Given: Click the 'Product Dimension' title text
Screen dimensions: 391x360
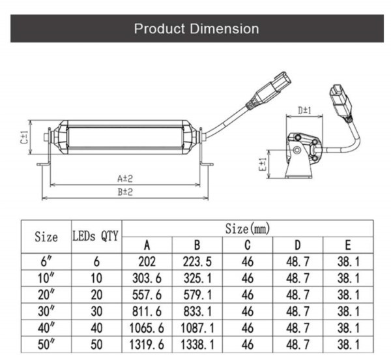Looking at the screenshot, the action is [197, 29].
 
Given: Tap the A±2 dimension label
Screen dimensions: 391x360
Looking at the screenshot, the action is [125, 179].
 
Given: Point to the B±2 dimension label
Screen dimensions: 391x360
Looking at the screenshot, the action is [125, 192].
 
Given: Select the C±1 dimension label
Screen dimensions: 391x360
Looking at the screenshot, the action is [25, 138].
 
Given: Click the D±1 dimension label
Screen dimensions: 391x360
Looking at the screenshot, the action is [304, 110].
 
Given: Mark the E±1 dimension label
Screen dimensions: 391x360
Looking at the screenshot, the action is [263, 164].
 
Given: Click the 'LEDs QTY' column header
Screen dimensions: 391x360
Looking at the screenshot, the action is [95, 235].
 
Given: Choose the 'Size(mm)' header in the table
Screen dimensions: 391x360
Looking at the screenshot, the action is [248, 228].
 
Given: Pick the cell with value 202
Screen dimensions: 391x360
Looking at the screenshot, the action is [147, 262].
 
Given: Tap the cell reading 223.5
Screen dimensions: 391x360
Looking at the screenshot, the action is [197, 262].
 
